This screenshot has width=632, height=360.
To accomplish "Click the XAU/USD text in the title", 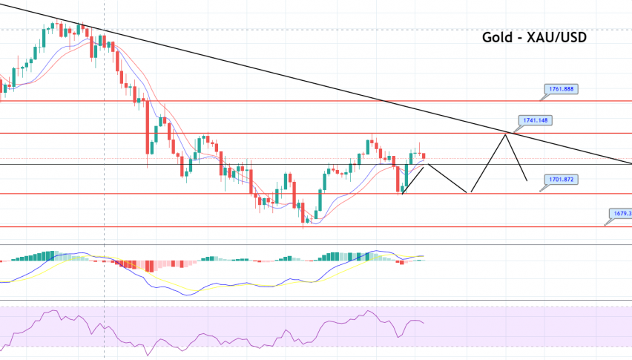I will (x=556, y=36).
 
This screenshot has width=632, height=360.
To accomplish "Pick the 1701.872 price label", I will (x=556, y=180).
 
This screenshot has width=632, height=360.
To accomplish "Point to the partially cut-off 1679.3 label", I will (x=620, y=214).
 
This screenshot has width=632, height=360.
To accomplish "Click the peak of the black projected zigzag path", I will (x=507, y=133).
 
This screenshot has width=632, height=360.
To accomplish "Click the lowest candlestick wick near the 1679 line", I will (x=303, y=223).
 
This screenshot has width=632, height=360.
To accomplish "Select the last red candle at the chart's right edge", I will (x=424, y=155).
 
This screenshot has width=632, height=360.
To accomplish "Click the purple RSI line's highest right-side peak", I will (x=369, y=312).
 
